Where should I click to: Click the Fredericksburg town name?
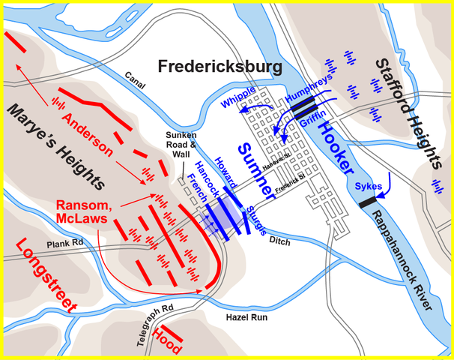pyautogui.click(x=220, y=67)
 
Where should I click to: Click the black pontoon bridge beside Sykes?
pyautogui.click(x=367, y=201)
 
